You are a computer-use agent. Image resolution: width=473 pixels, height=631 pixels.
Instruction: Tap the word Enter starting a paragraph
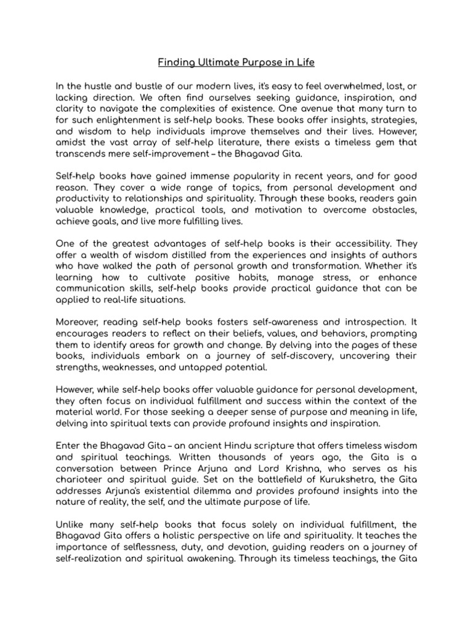tap(68, 446)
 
